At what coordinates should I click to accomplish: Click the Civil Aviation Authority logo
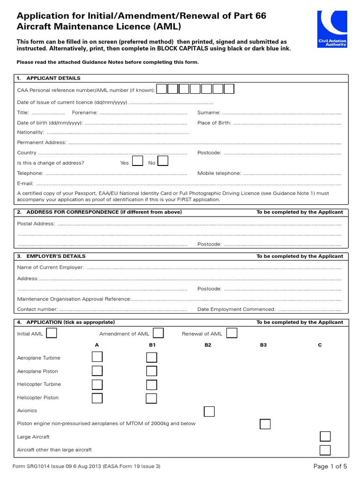(x=332, y=30)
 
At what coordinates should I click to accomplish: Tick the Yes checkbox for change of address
(x=137, y=162)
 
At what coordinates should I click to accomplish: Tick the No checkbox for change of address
(x=163, y=162)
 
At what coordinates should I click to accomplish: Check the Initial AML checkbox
(x=52, y=333)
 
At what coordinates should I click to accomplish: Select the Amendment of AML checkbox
(x=158, y=333)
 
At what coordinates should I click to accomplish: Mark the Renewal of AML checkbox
(x=232, y=333)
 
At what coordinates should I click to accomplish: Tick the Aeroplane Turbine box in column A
(x=97, y=357)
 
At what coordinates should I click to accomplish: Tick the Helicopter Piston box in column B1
(x=151, y=398)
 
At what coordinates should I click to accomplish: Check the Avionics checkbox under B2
(x=209, y=411)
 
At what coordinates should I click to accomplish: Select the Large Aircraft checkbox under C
(x=325, y=436)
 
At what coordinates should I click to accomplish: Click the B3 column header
(x=263, y=345)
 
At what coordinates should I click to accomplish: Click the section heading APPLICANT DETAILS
(x=53, y=78)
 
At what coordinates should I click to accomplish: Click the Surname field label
(x=209, y=112)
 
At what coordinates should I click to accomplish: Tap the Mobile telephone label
(x=219, y=173)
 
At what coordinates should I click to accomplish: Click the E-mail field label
(x=25, y=184)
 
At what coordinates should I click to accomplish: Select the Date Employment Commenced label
(x=236, y=309)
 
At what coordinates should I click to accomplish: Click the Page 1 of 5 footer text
(x=330, y=466)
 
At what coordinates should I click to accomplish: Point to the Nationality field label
(x=30, y=133)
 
